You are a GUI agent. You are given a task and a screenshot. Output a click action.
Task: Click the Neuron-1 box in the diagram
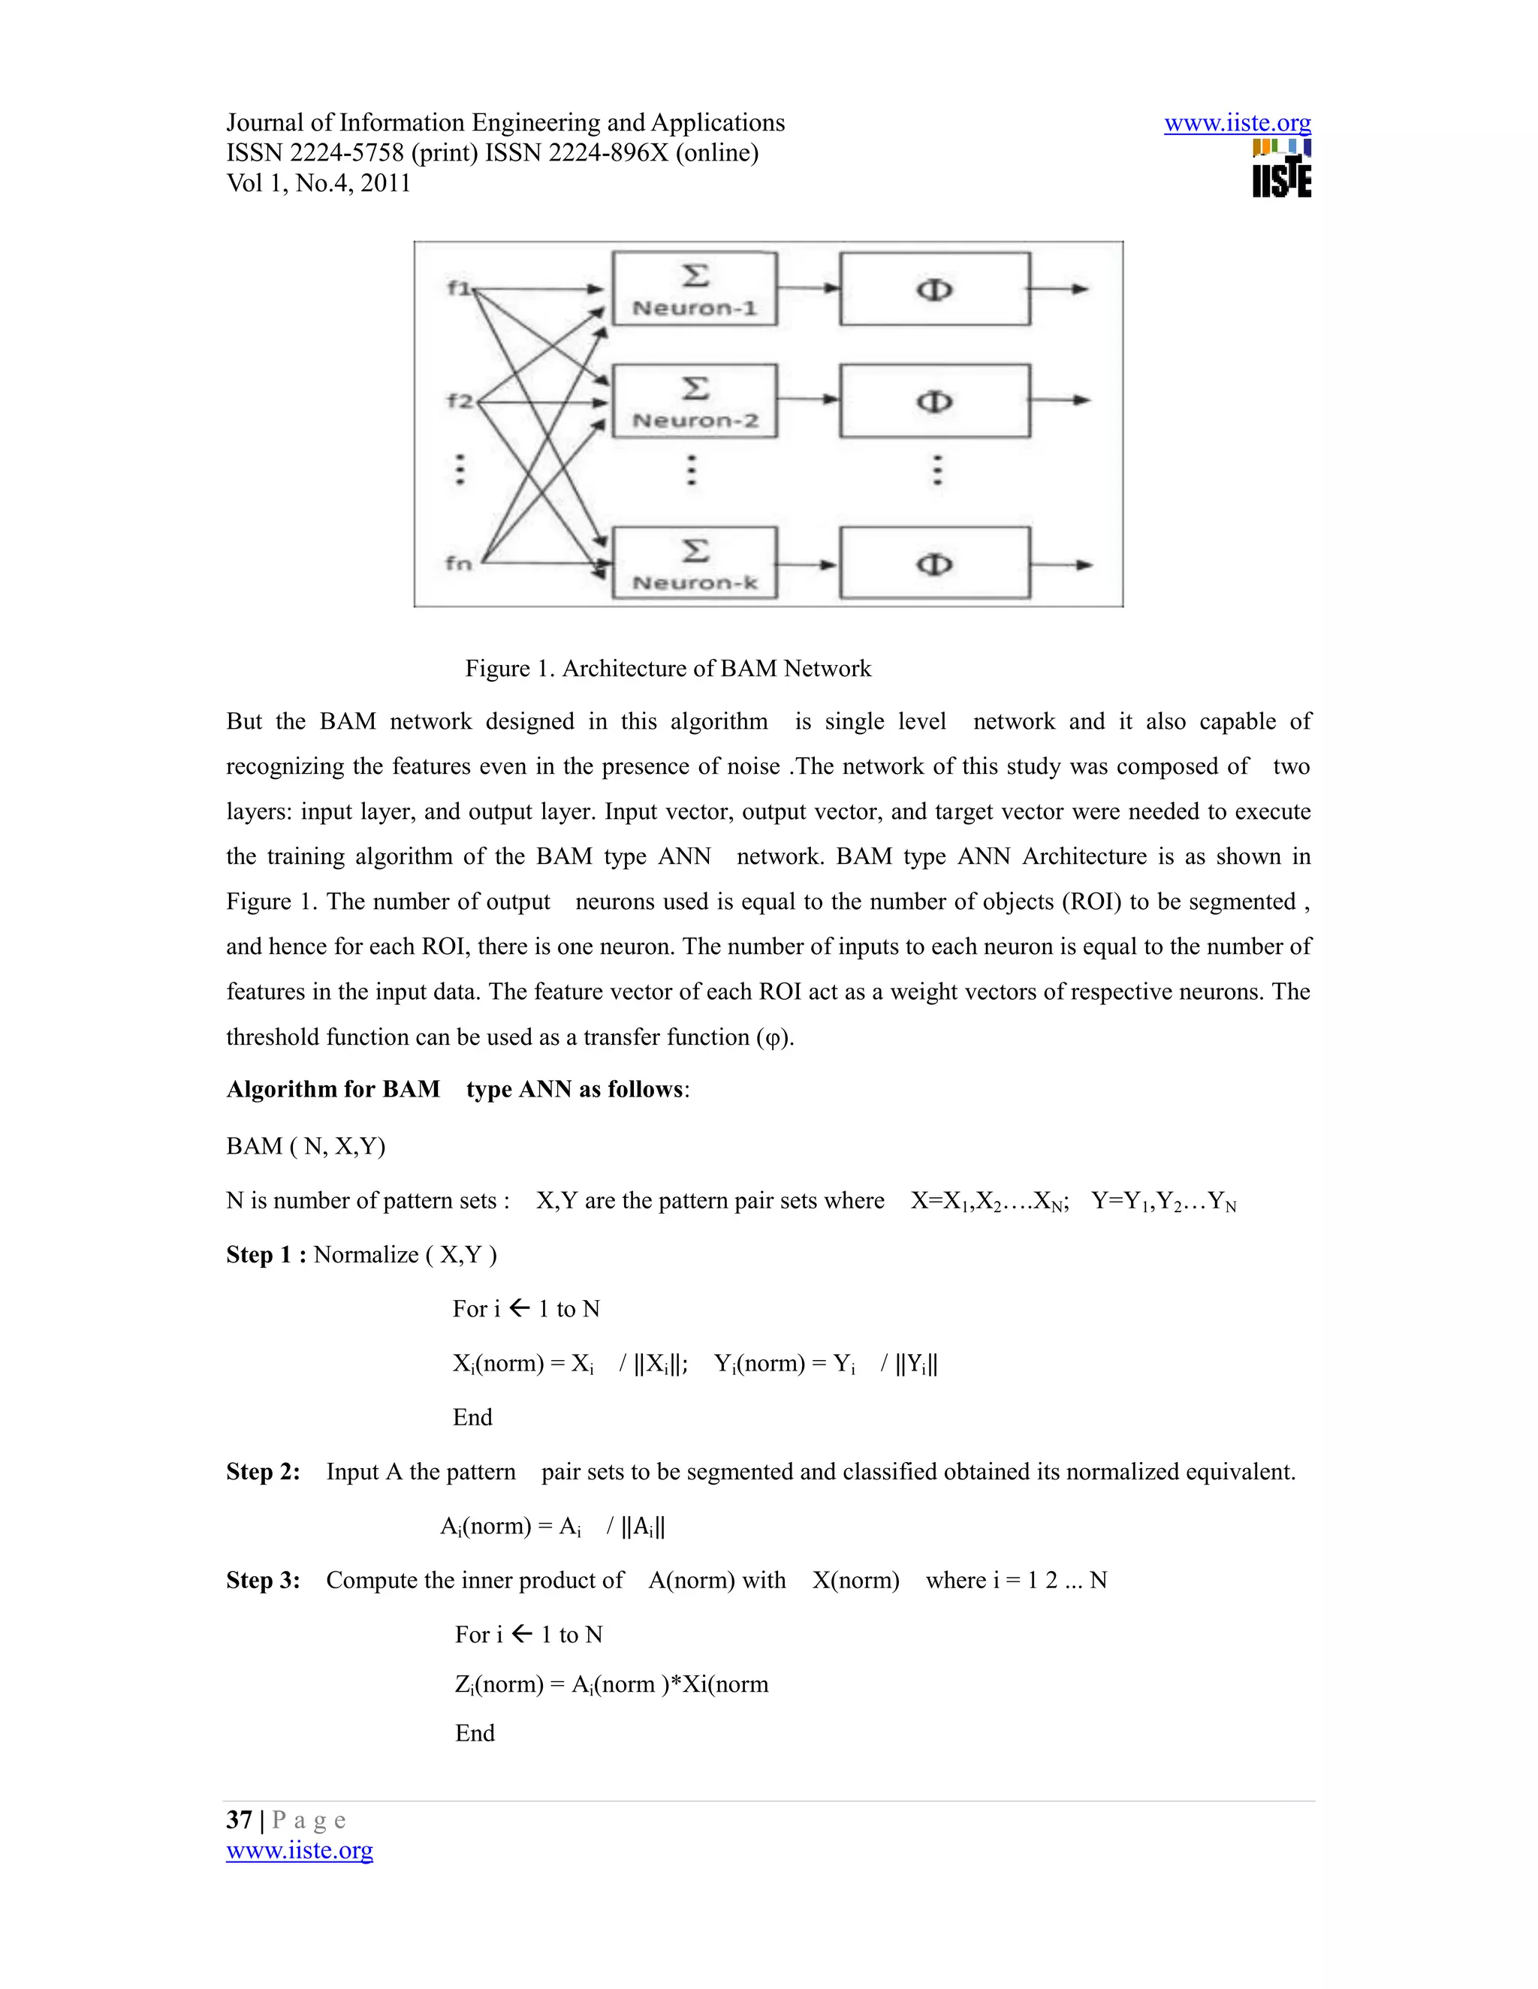click(x=695, y=289)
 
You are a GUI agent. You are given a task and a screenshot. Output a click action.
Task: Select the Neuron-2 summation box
click(x=695, y=401)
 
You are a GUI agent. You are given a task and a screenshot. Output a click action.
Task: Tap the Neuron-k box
click(x=695, y=563)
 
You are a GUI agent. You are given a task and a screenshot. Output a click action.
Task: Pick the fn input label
click(x=458, y=563)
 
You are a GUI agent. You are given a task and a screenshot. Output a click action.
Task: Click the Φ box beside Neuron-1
click(x=935, y=289)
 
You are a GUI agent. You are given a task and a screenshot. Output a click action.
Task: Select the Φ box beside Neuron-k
click(x=935, y=564)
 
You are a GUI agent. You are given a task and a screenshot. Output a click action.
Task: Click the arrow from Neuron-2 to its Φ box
click(x=808, y=399)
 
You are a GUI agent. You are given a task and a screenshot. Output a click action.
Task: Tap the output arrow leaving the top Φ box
click(x=1060, y=289)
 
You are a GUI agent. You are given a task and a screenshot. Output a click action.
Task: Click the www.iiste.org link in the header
click(x=1238, y=122)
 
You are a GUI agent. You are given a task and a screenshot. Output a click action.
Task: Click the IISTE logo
click(x=1281, y=168)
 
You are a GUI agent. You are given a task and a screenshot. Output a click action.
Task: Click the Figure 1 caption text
click(x=668, y=669)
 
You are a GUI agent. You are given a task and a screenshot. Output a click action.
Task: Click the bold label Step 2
click(x=262, y=1472)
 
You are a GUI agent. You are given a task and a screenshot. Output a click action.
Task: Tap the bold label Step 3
click(x=262, y=1580)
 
